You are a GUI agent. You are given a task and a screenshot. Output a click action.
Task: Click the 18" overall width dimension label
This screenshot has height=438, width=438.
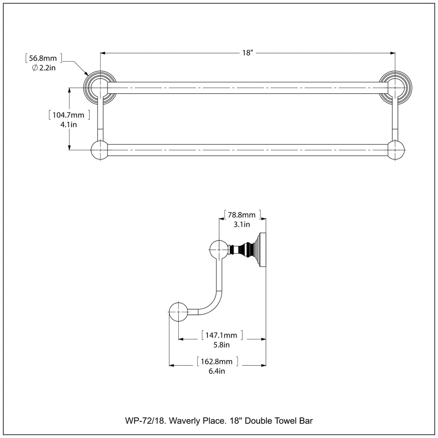pyautogui.click(x=248, y=53)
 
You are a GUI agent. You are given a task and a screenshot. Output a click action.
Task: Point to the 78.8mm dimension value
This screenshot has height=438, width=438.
pyautogui.click(x=243, y=214)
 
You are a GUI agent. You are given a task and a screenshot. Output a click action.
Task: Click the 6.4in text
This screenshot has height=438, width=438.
pyautogui.click(x=216, y=371)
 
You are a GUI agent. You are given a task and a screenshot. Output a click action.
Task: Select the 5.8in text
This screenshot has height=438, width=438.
pyautogui.click(x=222, y=345)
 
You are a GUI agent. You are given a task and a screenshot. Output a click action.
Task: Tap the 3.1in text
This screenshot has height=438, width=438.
pyautogui.click(x=242, y=224)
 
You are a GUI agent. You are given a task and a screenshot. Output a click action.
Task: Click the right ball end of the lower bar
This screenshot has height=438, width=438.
pyautogui.click(x=396, y=150)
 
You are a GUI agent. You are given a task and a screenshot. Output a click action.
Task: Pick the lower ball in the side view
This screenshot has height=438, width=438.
pyautogui.click(x=178, y=312)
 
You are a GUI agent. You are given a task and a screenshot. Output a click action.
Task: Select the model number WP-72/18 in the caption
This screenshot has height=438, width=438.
pyautogui.click(x=145, y=421)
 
